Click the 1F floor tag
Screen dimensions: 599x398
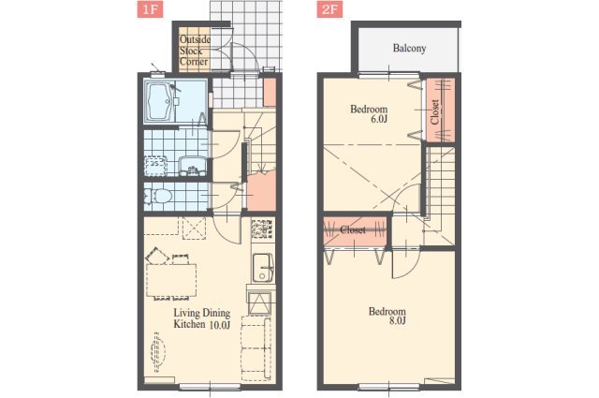coord(150,9)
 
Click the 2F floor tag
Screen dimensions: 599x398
coord(329,9)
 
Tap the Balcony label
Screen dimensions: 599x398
coord(409,48)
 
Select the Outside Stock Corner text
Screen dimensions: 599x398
coord(195,51)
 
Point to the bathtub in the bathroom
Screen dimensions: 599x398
coord(160,102)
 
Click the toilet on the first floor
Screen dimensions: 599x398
coord(159,196)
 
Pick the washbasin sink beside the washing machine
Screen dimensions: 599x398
coord(193,166)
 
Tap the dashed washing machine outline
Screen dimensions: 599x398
coord(156,166)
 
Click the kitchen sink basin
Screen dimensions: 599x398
coord(263,268)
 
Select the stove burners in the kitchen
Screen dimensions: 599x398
coord(263,228)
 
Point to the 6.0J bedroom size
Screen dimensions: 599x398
coord(379,119)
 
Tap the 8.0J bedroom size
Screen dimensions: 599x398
coord(397,321)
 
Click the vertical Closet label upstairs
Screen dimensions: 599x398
coord(435,112)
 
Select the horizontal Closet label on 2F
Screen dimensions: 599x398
coord(353,229)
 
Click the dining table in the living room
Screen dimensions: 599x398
coord(171,280)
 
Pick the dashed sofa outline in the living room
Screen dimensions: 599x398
coord(256,348)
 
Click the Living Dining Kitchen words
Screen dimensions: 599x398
coord(202,318)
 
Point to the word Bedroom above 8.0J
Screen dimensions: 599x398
coord(387,311)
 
